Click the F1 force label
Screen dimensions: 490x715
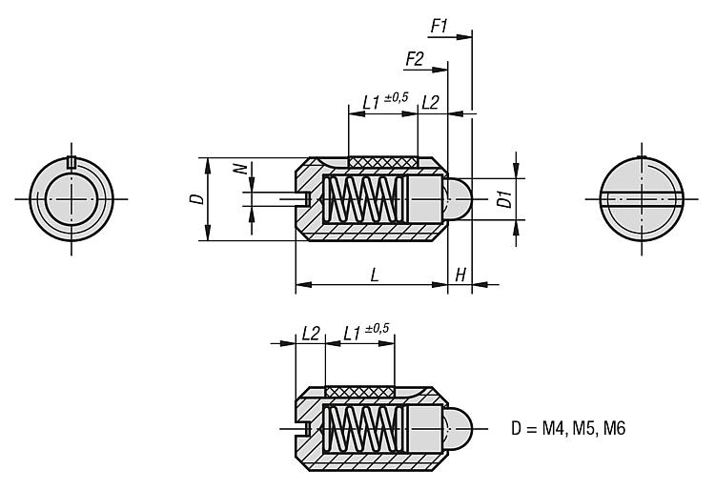click(439, 26)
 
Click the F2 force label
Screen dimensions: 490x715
click(415, 58)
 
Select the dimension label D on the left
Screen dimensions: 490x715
click(195, 199)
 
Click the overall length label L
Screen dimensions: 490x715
click(375, 275)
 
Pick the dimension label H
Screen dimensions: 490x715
click(460, 275)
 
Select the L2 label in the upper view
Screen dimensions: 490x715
click(430, 100)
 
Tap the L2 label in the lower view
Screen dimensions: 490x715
click(311, 333)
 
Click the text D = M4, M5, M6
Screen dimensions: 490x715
click(566, 429)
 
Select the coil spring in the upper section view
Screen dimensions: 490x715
click(361, 200)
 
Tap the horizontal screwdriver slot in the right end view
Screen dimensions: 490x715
click(642, 199)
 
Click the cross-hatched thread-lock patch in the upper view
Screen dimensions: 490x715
click(383, 163)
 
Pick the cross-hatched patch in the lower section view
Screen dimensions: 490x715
click(359, 391)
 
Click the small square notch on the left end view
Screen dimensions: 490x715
click(70, 160)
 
